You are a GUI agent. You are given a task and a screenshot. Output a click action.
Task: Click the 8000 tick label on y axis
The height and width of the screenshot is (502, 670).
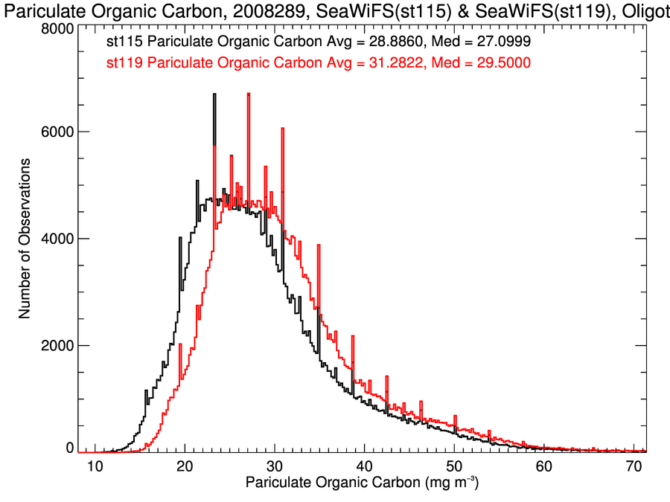(x=56, y=28)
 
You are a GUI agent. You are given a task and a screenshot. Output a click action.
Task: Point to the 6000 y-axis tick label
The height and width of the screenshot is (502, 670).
(x=56, y=132)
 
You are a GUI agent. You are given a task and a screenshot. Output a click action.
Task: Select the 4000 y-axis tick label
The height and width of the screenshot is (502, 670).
(x=56, y=239)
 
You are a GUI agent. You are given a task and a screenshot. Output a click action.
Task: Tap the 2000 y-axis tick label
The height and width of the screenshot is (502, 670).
(x=56, y=346)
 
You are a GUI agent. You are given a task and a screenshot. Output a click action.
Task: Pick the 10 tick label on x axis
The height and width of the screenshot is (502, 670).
(x=95, y=466)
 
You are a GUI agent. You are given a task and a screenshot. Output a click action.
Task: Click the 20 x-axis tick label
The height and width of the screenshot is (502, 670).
(x=185, y=466)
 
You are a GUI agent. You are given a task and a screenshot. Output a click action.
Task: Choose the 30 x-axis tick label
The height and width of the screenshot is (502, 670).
(x=275, y=466)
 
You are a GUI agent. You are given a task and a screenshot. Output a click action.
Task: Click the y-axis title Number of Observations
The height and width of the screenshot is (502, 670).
(x=25, y=239)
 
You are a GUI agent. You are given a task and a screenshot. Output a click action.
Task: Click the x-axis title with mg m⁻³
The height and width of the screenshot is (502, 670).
(x=362, y=484)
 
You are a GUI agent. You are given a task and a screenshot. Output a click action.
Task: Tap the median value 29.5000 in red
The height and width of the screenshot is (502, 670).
(x=502, y=63)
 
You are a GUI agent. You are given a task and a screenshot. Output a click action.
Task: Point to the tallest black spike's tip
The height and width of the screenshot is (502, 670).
(x=214, y=94)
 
